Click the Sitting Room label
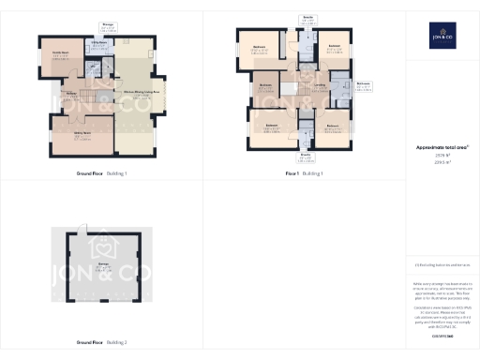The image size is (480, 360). (69, 132)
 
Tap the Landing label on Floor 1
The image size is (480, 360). (319, 86)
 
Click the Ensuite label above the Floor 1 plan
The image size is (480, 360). (306, 17)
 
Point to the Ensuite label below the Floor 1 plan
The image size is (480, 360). (305, 156)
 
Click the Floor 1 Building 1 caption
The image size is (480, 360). (305, 173)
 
